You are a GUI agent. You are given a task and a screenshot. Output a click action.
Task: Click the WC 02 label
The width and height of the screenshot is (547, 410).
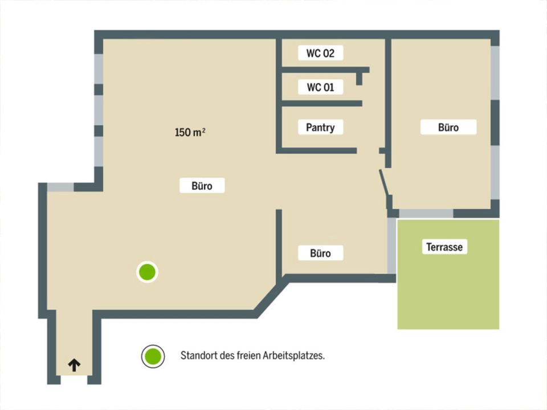[x=321, y=54]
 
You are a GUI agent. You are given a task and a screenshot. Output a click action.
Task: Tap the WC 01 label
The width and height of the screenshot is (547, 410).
[x=321, y=87]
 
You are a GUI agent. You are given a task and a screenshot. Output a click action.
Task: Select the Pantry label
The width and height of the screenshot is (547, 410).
[x=320, y=128]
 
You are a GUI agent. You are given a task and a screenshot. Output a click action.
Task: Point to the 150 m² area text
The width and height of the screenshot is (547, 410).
[x=190, y=133]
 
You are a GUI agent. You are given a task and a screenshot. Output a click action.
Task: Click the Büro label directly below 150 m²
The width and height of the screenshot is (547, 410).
[x=202, y=186]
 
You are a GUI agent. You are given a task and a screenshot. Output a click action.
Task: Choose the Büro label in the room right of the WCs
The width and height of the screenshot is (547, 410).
[x=448, y=128]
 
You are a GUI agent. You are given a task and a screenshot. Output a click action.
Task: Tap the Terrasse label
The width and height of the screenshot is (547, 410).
[x=444, y=247]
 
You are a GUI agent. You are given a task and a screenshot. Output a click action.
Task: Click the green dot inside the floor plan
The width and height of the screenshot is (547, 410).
[x=148, y=272]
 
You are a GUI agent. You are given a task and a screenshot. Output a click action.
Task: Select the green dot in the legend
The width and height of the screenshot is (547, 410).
[x=153, y=356]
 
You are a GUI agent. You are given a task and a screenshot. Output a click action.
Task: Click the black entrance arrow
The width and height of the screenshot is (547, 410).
[x=74, y=365]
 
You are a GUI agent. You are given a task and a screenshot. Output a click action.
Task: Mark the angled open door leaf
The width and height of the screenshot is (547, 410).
[x=383, y=183]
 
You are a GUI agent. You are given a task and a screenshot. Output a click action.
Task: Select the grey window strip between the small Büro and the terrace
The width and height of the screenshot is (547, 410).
[x=391, y=245]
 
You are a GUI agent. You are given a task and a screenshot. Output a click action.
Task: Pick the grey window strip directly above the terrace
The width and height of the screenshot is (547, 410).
[x=426, y=214]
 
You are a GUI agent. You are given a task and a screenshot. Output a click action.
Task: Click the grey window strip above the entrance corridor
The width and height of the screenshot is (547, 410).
[x=60, y=187]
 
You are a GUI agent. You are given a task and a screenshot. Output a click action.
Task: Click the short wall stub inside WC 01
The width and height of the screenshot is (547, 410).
[x=359, y=79]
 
